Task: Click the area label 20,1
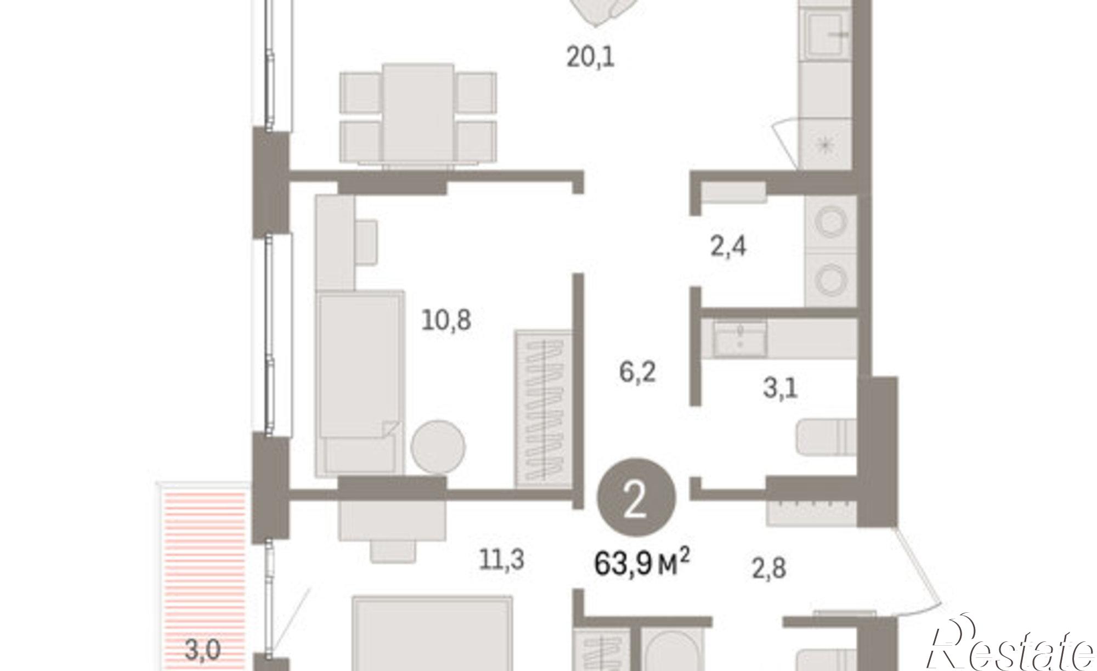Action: pos(591,57)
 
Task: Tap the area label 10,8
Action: pos(446,320)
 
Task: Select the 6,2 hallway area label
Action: pos(637,372)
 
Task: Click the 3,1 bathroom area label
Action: pos(781,388)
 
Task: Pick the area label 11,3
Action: pos(502,560)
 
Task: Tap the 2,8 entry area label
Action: pos(769,568)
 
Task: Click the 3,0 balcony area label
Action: pos(203,651)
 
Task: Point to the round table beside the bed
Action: pos(438,447)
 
